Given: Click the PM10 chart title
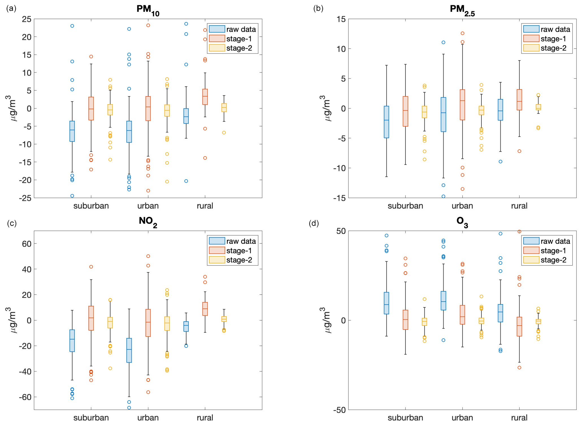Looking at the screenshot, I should pyautogui.click(x=148, y=10).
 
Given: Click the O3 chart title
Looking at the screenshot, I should pyautogui.click(x=462, y=221).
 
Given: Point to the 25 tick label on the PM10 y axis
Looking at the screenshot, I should pyautogui.click(x=27, y=19).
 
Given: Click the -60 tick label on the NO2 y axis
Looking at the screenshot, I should pyautogui.click(x=25, y=397).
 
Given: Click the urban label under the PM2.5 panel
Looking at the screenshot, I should pyautogui.click(x=462, y=206).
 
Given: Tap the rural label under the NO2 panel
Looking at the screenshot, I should pyautogui.click(x=205, y=418).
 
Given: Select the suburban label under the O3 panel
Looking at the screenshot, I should pyautogui.click(x=405, y=418).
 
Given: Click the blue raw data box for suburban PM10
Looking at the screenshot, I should pyautogui.click(x=72, y=131).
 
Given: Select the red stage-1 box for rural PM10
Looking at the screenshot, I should pyautogui.click(x=205, y=97).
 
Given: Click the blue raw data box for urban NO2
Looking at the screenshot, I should pyautogui.click(x=129, y=350).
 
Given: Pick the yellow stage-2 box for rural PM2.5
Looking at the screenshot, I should pyautogui.click(x=538, y=107).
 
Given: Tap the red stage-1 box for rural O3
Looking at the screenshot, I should pyautogui.click(x=519, y=326).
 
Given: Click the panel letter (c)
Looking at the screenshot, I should pyautogui.click(x=12, y=223).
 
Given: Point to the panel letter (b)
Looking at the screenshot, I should pyautogui.click(x=318, y=8).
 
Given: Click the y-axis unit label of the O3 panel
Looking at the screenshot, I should pyautogui.click(x=326, y=320).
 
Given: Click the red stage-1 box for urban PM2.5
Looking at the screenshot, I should pyautogui.click(x=462, y=105).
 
